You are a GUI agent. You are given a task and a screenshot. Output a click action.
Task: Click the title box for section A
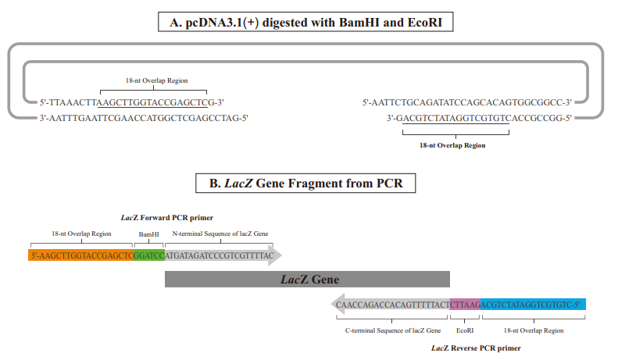tap(309, 23)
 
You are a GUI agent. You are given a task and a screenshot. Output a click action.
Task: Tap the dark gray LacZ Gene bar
tap(307, 279)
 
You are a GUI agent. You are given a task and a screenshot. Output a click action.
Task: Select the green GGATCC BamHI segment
tap(148, 255)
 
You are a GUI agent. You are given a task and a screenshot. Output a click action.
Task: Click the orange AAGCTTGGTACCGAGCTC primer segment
tap(81, 255)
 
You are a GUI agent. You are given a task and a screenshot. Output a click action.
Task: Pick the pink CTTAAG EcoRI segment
tap(465, 305)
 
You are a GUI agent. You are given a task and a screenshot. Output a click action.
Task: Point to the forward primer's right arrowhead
tap(276, 255)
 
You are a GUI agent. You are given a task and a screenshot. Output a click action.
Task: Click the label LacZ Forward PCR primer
tap(166, 217)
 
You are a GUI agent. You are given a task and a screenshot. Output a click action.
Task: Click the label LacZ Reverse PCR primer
tap(476, 348)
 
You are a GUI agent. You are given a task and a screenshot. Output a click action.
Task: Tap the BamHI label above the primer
tap(148, 233)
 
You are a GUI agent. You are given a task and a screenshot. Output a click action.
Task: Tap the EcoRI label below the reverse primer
tap(465, 330)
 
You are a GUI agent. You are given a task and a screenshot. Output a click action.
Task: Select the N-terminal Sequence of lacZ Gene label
tap(220, 233)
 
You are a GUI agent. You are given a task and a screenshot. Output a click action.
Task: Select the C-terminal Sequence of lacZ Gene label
tap(393, 330)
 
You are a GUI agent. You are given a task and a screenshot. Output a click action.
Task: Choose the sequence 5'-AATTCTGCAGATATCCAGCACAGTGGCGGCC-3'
tap(468, 102)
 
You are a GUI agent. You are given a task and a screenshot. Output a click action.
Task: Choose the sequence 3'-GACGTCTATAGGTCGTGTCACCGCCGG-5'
tap(480, 118)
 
